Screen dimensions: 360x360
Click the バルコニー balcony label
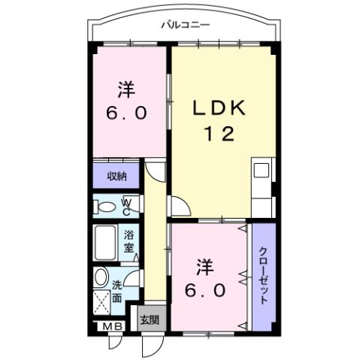[185, 25]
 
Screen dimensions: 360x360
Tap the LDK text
[218, 109]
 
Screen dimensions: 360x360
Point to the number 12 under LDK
[218, 135]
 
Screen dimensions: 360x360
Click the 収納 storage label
[115, 177]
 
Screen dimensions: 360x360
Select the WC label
[126, 205]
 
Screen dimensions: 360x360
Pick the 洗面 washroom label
[118, 291]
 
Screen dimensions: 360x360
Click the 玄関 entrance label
[148, 319]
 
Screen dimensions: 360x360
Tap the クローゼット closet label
[264, 275]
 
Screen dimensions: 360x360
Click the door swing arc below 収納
[155, 173]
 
